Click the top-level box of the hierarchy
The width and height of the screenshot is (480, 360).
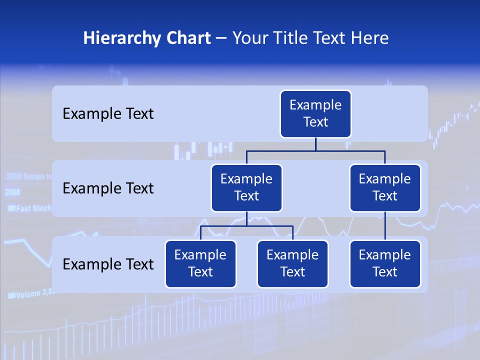(x=315, y=114)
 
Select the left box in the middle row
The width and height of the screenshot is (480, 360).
(x=246, y=188)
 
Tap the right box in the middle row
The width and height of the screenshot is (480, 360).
(x=385, y=188)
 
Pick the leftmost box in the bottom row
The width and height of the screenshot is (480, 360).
(x=200, y=264)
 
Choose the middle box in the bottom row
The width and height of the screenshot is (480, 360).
(x=292, y=264)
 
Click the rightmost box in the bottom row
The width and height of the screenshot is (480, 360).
(x=385, y=264)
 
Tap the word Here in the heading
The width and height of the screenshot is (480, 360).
(x=370, y=38)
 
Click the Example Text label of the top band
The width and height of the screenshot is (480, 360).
(x=108, y=114)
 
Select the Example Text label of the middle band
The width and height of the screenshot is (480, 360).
(x=108, y=188)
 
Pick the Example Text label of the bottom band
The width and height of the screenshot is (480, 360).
(x=108, y=264)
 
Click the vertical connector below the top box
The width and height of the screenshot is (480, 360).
(x=315, y=144)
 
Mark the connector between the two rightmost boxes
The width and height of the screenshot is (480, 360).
(x=385, y=226)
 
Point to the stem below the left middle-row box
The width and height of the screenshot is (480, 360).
(x=246, y=219)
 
